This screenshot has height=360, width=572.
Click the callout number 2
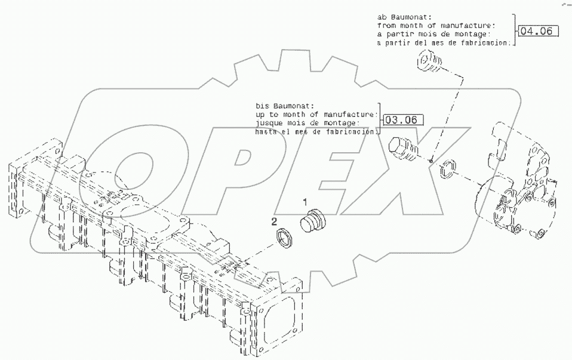click(x=275, y=221)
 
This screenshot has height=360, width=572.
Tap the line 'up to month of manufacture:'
click(x=316, y=113)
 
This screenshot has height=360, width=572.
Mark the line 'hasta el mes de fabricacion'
click(x=316, y=131)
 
